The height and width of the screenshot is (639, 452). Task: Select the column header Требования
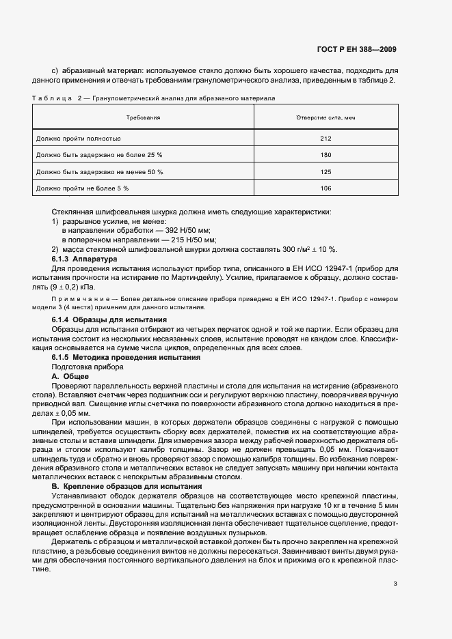[x=143, y=117]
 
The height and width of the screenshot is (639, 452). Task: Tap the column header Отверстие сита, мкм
[x=325, y=117]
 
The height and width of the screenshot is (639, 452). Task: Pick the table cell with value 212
[x=325, y=139]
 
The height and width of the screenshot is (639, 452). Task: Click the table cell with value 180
[x=325, y=155]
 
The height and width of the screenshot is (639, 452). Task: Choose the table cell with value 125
[x=325, y=171]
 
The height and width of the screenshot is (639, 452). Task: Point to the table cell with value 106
[x=325, y=188]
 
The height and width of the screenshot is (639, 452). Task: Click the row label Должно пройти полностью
[x=78, y=139]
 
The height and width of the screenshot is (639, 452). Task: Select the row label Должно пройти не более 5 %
[x=81, y=188]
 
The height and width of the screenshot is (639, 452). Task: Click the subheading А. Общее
[x=70, y=376]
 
